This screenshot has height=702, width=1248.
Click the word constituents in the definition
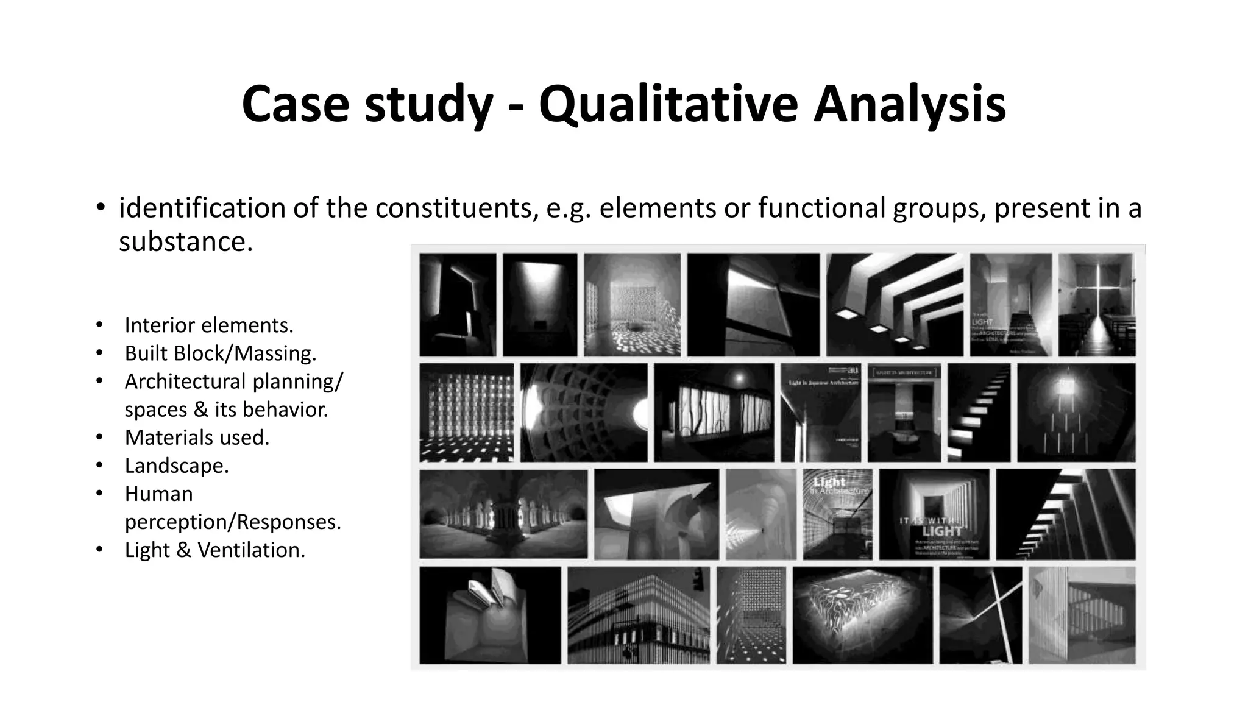456,208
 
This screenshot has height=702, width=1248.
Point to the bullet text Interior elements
208,325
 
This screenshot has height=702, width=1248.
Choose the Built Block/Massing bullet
220,353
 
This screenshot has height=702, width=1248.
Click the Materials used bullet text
196,438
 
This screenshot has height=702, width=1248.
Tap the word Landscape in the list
176,466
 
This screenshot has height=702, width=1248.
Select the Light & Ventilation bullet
214,550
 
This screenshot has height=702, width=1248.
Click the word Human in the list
158,494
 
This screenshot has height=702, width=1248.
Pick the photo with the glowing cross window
1097,305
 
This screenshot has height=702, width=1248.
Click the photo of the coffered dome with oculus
583,413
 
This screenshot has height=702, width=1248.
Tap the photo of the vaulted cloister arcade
503,514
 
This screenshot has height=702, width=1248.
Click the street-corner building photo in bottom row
638,615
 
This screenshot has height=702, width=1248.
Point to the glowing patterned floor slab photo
862,615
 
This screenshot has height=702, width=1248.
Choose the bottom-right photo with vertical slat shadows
1082,615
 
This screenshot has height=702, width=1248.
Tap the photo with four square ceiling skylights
894,305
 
